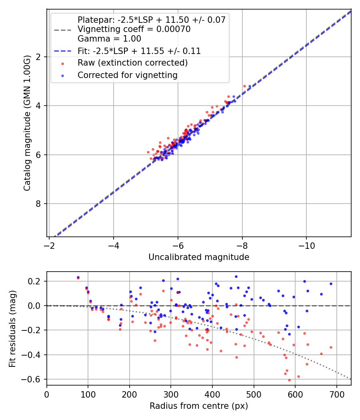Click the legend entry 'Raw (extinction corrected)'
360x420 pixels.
pyautogui.click(x=132, y=63)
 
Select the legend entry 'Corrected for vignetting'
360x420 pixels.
pyautogui.click(x=128, y=75)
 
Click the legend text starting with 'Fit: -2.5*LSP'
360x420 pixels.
pyautogui.click(x=139, y=51)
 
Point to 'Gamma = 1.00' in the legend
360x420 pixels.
pyautogui.click(x=109, y=39)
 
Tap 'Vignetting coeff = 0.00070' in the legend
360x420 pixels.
pyautogui.click(x=134, y=29)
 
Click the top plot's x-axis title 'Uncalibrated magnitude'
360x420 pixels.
pyautogui.click(x=199, y=257)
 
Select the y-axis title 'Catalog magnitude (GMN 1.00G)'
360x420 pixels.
pyautogui.click(x=27, y=123)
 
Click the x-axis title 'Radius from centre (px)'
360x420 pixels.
pyautogui.click(x=199, y=406)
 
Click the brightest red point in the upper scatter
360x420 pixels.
pyautogui.click(x=244, y=86)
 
